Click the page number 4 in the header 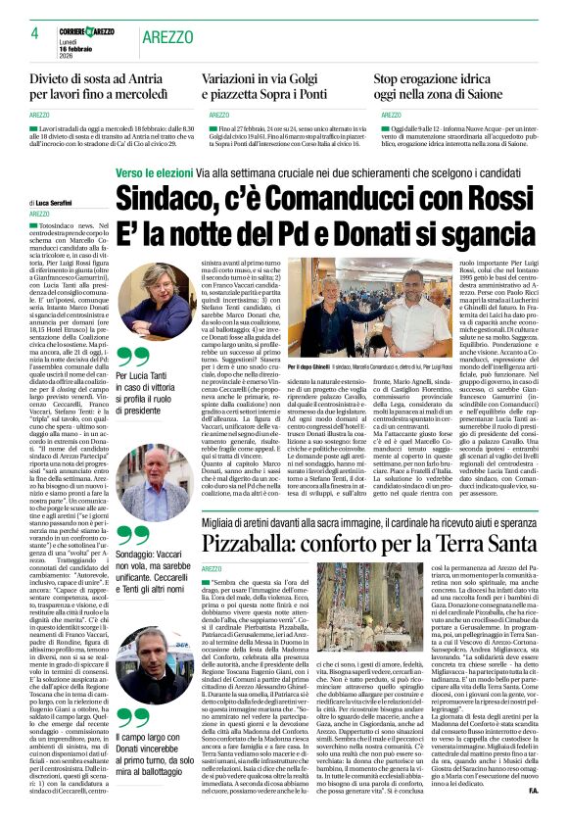pyautogui.click(x=34, y=33)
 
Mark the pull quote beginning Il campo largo pyautogui.click(x=152, y=750)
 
